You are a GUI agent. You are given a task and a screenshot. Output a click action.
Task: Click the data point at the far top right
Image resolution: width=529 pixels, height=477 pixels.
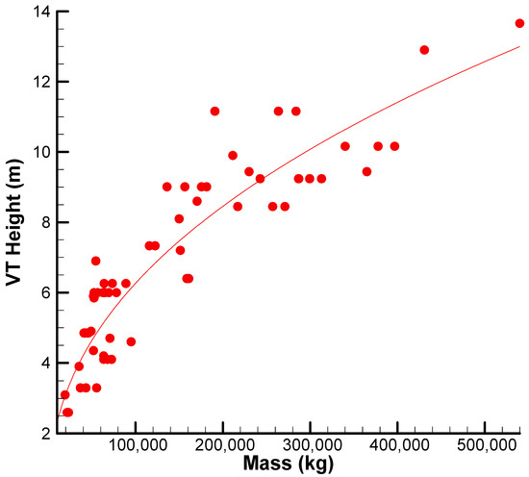[519, 23]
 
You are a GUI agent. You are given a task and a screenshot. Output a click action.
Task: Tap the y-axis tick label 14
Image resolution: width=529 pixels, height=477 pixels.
[41, 13]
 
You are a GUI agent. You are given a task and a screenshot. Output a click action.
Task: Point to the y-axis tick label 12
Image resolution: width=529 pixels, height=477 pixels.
[41, 82]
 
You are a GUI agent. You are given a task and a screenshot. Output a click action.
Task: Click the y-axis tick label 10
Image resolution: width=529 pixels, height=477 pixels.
[41, 152]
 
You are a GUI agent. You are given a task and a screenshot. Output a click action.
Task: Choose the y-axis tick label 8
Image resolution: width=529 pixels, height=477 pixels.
[46, 222]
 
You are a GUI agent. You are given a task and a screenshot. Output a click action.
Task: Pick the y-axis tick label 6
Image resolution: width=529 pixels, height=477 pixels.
[46, 292]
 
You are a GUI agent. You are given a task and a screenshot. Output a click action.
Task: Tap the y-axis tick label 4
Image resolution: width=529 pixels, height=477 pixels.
[46, 363]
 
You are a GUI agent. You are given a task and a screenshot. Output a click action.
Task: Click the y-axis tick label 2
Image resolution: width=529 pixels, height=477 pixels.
[46, 433]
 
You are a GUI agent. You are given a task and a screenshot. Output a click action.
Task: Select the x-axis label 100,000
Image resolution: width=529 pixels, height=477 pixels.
[138, 446]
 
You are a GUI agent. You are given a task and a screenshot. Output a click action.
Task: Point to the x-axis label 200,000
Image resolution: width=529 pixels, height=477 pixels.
[225, 446]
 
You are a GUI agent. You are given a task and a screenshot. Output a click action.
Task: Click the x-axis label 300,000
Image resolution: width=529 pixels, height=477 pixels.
[313, 446]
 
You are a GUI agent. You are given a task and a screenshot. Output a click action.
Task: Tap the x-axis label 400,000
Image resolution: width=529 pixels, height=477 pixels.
[399, 446]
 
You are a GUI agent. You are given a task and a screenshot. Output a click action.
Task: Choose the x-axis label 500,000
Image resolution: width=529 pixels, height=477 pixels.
[487, 446]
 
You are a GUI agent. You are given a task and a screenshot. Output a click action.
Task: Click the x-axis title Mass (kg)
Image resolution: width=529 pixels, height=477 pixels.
[289, 464]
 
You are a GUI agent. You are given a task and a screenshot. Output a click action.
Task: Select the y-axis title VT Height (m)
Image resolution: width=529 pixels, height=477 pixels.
[14, 223]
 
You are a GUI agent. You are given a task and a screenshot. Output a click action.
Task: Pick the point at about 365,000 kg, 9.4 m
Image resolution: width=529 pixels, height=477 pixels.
[366, 172]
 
